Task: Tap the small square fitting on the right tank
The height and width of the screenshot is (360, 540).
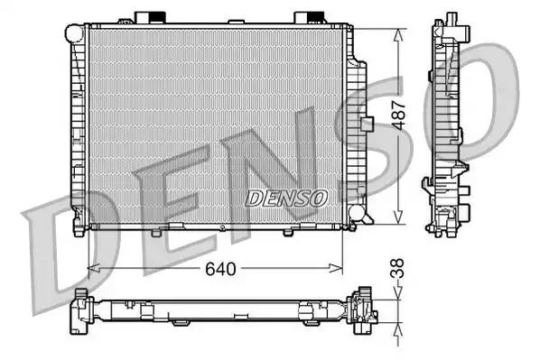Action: click(x=367, y=125)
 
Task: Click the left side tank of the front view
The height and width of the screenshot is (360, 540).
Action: click(x=79, y=126)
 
